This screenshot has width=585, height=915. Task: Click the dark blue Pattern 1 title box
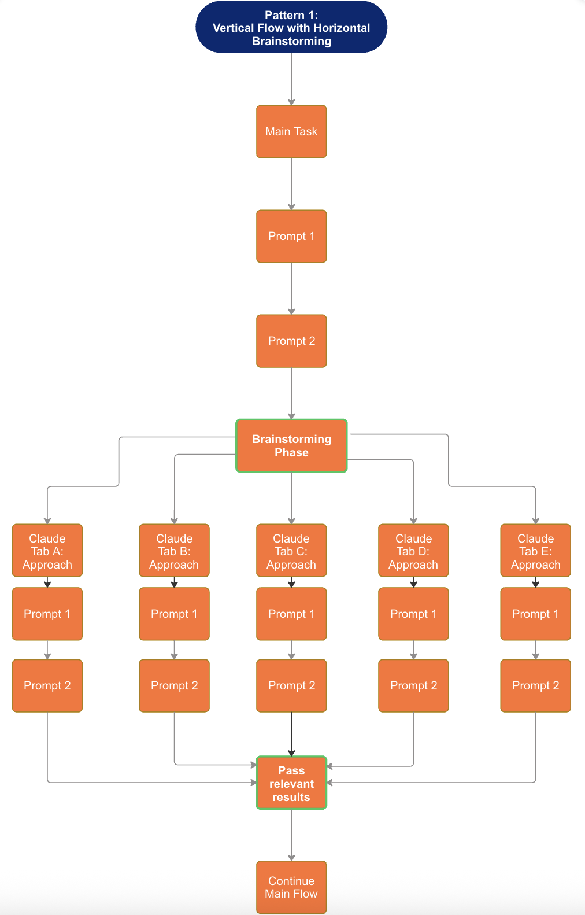coord(291,27)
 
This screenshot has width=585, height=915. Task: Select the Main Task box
coord(291,131)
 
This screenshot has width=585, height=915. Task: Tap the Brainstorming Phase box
coord(291,445)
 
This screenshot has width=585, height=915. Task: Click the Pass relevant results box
coord(291,783)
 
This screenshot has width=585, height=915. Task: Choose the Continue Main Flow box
coord(291,887)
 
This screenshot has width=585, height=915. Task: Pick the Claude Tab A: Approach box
coord(47,551)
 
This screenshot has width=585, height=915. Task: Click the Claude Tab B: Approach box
coord(174,551)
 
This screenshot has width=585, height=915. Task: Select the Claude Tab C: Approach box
coord(291,551)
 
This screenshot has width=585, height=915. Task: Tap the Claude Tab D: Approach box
coord(413,551)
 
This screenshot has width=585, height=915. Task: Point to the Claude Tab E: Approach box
coord(535,551)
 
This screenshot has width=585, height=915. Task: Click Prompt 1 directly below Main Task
coord(291,236)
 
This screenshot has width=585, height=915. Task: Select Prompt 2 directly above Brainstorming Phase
coord(291,341)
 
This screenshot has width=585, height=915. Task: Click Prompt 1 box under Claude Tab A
coord(47,614)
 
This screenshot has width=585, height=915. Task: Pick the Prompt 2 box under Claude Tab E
coord(535,685)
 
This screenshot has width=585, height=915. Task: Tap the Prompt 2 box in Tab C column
coord(291,685)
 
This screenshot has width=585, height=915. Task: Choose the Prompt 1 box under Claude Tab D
coord(413,614)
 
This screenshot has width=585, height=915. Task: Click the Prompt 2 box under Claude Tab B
coord(174,685)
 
